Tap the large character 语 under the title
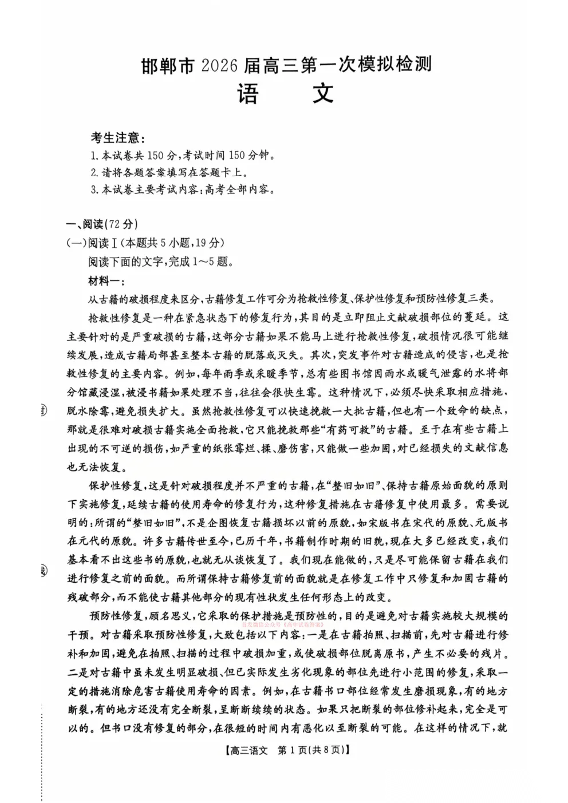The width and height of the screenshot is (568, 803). pyautogui.click(x=248, y=94)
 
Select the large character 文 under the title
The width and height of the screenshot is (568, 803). pyautogui.click(x=322, y=94)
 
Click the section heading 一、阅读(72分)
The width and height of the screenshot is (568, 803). pyautogui.click(x=102, y=224)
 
